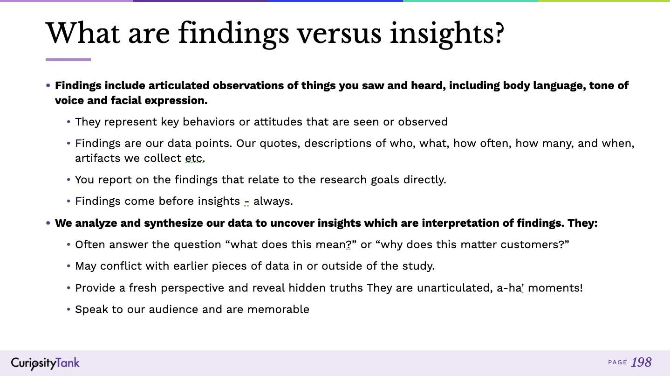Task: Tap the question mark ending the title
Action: (499, 33)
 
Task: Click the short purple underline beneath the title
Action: (68, 60)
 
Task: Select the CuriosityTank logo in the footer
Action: (45, 363)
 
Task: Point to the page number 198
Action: (641, 362)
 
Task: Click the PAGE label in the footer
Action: (617, 362)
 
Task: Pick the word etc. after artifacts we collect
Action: (195, 159)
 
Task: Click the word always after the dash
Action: (273, 201)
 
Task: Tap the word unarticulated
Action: (453, 288)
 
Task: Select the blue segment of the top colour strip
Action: (335, 1)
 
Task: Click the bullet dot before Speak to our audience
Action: (69, 310)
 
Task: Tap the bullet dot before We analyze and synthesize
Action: (48, 223)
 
